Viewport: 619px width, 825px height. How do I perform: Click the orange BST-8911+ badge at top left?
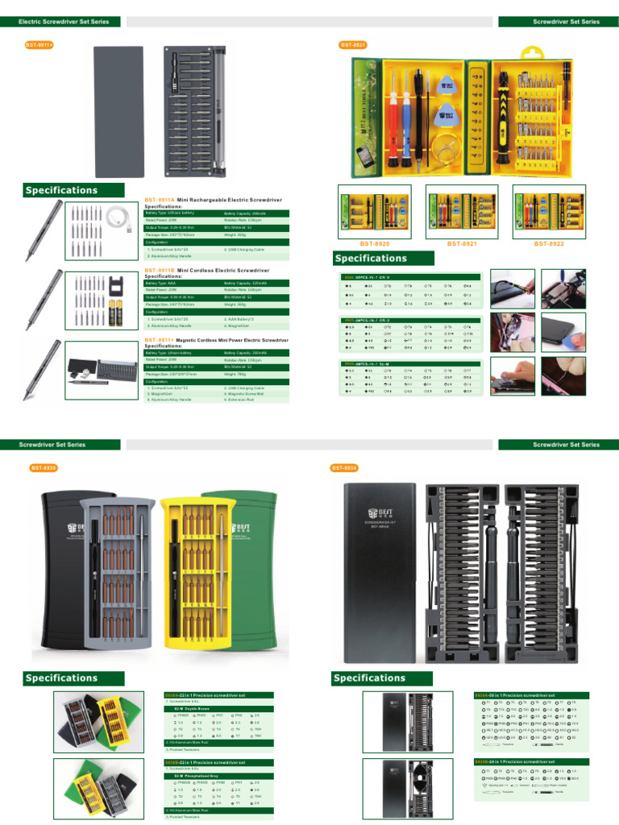pos(39,44)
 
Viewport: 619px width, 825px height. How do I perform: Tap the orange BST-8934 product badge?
pos(344,468)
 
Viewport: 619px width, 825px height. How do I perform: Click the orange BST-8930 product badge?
pos(44,468)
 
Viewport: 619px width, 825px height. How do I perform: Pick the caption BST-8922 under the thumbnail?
pos(549,243)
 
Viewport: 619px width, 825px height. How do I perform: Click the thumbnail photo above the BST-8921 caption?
pos(462,212)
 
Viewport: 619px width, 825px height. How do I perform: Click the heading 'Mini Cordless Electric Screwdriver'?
pos(223,271)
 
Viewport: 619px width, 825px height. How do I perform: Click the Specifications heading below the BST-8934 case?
pos(369,678)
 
